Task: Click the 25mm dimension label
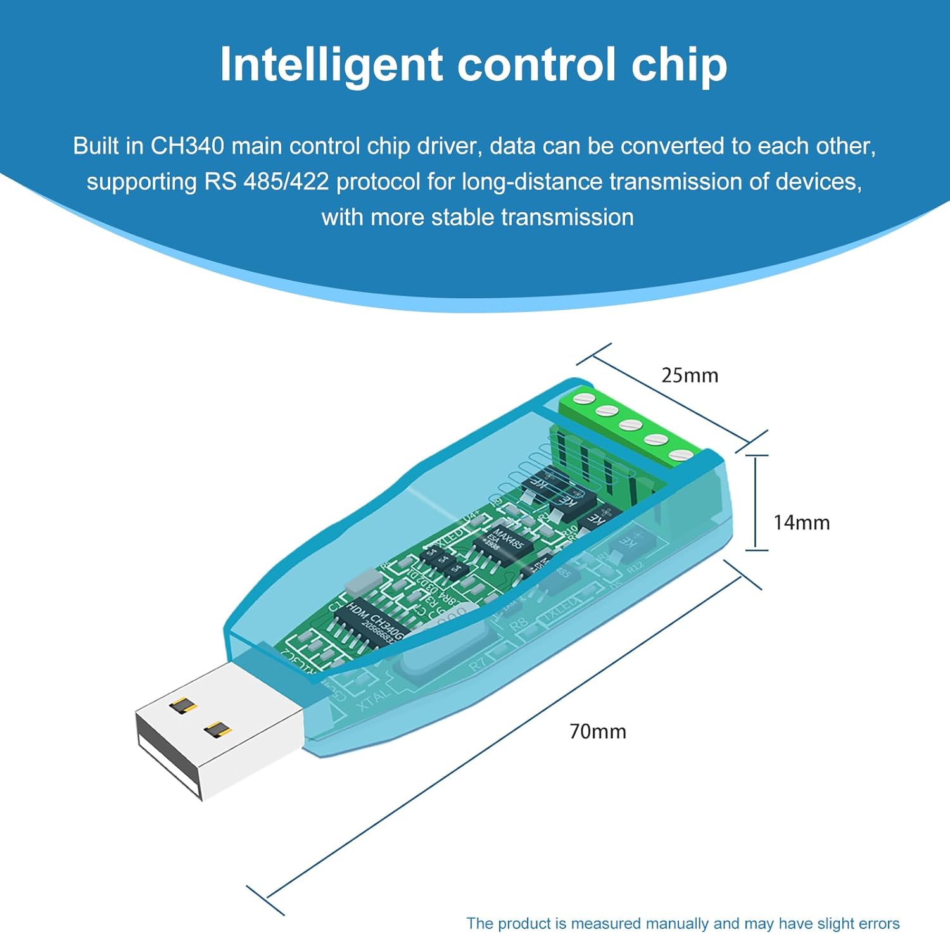[x=690, y=375]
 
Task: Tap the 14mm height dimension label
[x=801, y=523]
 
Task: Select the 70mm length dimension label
[x=598, y=732]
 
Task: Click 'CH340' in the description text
[x=187, y=146]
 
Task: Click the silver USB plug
[x=218, y=728]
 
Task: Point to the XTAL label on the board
[x=373, y=700]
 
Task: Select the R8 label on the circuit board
[x=519, y=624]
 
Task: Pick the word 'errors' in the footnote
[x=878, y=923]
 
